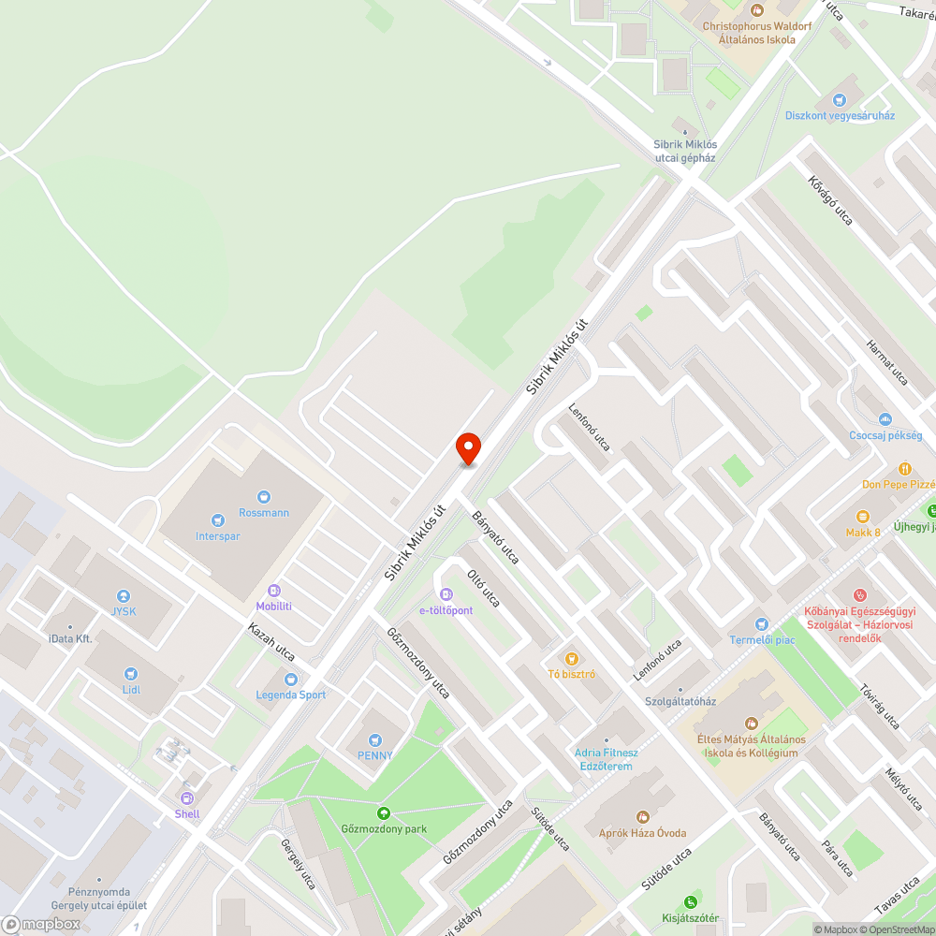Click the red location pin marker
[x=468, y=448]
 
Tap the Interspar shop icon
[x=218, y=519]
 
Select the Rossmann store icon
[x=264, y=496]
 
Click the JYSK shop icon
[x=123, y=596]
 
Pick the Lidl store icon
[x=131, y=673]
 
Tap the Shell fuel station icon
[x=187, y=797]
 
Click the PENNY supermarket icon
[x=375, y=739]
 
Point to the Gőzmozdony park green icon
[x=383, y=812]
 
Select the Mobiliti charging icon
[x=274, y=591]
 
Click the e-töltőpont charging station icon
[x=446, y=594]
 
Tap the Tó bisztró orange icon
[x=571, y=657]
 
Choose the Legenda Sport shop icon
[x=291, y=679]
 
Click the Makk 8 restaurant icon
[x=863, y=516]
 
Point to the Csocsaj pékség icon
[x=885, y=418]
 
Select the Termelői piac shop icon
[x=762, y=623]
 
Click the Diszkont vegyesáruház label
[x=840, y=115]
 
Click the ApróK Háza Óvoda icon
[x=642, y=817]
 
